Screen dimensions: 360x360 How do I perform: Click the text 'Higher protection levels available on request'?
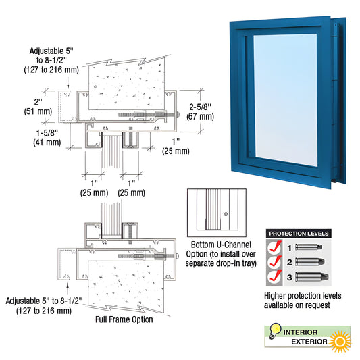coord(303,301)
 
